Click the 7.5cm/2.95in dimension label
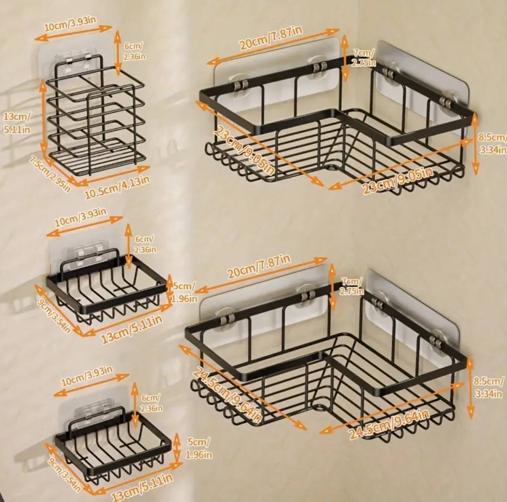point(50,174)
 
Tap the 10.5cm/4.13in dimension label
point(117,187)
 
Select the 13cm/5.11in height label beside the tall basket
point(17,123)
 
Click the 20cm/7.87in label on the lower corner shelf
point(259,267)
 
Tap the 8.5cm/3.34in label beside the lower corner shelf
point(489,387)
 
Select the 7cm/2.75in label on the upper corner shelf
point(364,58)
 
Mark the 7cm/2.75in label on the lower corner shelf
point(352,286)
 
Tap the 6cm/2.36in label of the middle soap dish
point(145,244)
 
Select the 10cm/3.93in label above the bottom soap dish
point(87,376)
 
